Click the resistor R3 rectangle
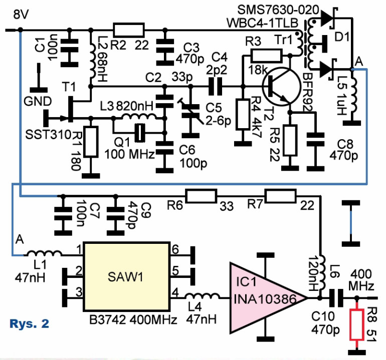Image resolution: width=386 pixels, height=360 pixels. (x=265, y=56)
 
